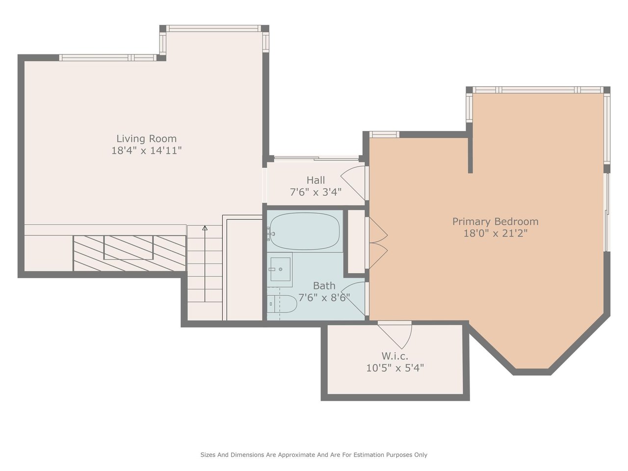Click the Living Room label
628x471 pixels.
click(x=146, y=139)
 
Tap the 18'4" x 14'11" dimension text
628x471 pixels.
click(x=147, y=151)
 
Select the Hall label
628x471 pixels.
click(x=315, y=180)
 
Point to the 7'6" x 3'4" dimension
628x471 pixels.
click(x=315, y=192)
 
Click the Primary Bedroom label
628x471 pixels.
click(x=495, y=222)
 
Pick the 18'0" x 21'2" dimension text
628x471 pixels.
click(x=495, y=234)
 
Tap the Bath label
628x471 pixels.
click(x=324, y=286)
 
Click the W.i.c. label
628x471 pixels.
click(x=395, y=356)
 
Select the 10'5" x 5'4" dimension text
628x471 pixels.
click(x=395, y=368)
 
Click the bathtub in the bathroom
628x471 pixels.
click(x=305, y=232)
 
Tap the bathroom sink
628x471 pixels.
click(x=280, y=269)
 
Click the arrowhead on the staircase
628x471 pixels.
click(x=205, y=228)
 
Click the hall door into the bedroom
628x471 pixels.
click(x=354, y=183)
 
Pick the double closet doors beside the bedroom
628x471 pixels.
click(x=377, y=243)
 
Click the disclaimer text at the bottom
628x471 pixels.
click(x=314, y=455)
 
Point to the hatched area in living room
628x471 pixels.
click(x=130, y=253)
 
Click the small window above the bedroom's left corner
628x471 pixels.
click(x=384, y=134)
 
